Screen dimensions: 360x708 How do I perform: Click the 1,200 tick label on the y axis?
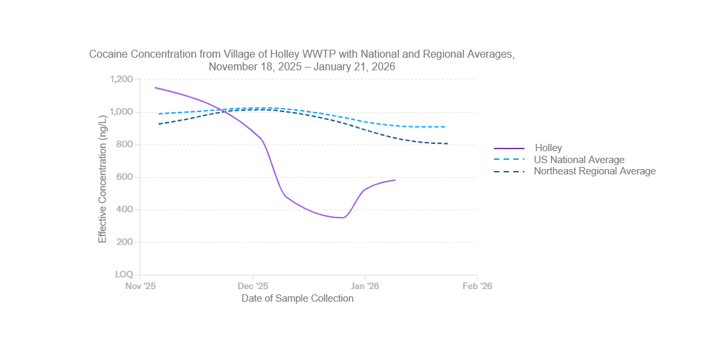(x=122, y=80)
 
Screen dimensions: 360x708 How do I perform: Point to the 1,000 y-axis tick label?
(x=122, y=112)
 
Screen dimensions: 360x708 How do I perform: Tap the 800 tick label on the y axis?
(x=125, y=145)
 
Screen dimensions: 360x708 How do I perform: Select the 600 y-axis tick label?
(x=125, y=177)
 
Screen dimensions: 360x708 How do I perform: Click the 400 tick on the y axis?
(x=125, y=210)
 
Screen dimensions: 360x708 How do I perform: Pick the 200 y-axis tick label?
(x=125, y=242)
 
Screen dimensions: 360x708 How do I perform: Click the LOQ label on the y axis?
(x=124, y=274)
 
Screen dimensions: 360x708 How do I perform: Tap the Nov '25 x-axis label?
(x=140, y=286)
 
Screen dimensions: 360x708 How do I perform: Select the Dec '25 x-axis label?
(x=253, y=286)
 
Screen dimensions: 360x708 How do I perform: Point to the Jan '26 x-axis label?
(x=365, y=286)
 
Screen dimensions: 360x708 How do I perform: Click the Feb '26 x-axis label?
(x=477, y=286)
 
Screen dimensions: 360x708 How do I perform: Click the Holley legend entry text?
(x=548, y=149)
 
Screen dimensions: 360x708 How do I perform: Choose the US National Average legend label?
(x=579, y=160)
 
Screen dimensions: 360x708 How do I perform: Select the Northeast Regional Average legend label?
(x=595, y=171)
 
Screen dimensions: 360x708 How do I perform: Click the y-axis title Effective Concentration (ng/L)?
(x=103, y=179)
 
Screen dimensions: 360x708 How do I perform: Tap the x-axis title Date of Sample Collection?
(x=297, y=298)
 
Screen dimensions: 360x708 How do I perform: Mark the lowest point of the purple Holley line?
(x=343, y=217)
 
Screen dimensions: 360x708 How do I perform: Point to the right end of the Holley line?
(x=395, y=180)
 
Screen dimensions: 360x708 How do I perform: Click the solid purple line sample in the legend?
(x=509, y=149)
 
